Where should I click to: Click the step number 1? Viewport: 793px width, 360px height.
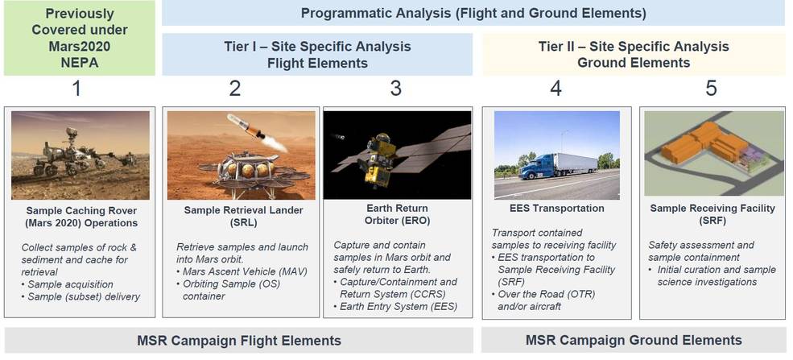click(76, 89)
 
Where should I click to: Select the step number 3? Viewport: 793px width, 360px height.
click(396, 89)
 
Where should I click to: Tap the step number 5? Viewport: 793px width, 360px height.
click(711, 89)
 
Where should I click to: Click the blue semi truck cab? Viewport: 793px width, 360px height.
click(537, 167)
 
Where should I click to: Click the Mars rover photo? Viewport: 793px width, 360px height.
click(81, 155)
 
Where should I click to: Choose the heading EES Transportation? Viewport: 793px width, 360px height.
click(557, 209)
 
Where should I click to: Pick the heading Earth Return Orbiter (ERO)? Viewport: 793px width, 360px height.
click(397, 214)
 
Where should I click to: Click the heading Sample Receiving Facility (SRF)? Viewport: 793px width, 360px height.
click(712, 214)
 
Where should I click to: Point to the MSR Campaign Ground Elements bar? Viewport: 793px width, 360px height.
click(634, 341)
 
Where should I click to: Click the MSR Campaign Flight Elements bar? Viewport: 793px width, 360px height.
click(239, 341)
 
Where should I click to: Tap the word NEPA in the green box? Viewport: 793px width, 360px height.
click(80, 62)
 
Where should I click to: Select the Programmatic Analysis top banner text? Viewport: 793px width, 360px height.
click(473, 13)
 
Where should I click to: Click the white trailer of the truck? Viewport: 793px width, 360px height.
click(576, 163)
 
